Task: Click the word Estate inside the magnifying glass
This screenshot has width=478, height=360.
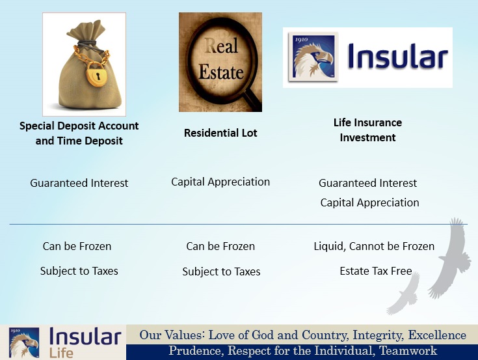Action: click(221, 72)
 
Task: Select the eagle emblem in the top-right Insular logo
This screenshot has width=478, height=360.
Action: click(313, 57)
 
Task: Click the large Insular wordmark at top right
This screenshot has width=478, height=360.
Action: click(397, 57)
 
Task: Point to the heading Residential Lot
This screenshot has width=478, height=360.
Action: click(220, 133)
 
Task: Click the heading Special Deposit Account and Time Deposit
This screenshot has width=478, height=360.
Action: click(79, 133)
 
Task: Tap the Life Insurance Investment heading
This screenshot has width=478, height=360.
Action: click(367, 130)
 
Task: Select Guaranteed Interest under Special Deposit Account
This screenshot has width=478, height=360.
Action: click(79, 183)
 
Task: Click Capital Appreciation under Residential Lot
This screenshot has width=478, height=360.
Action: click(220, 182)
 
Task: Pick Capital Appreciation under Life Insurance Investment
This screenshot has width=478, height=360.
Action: click(369, 203)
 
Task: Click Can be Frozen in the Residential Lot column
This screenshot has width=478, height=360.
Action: click(220, 246)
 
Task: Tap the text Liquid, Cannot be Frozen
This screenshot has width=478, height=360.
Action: click(374, 246)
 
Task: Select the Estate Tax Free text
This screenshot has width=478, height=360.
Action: click(376, 271)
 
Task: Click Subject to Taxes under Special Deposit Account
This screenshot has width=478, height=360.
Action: click(79, 271)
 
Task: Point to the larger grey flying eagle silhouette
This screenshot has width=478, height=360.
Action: click(451, 258)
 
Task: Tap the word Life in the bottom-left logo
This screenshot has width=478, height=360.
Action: click(61, 353)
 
